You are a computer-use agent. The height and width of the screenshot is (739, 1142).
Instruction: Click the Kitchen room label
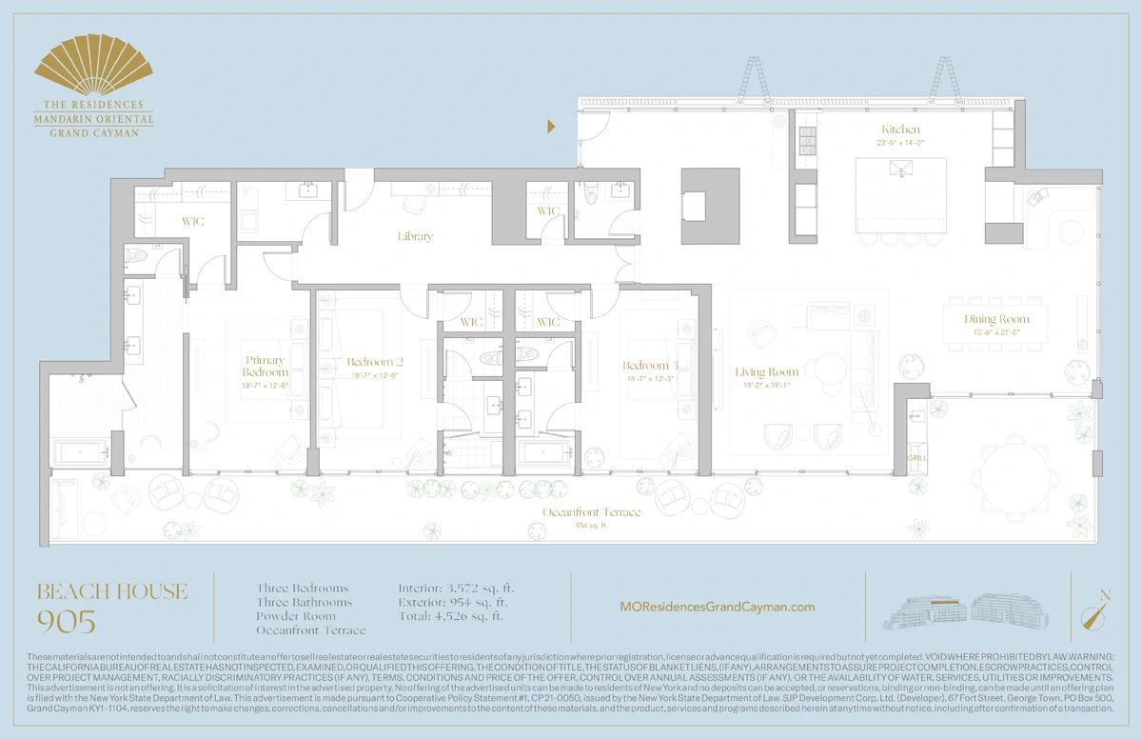click(900, 129)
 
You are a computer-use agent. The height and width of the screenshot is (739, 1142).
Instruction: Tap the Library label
click(415, 236)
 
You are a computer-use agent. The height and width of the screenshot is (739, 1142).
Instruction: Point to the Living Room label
click(766, 371)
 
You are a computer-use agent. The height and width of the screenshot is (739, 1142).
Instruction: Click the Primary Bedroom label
click(265, 366)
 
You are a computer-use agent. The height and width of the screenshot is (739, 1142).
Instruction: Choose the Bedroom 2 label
click(375, 363)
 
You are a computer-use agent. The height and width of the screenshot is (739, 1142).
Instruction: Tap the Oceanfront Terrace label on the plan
click(591, 512)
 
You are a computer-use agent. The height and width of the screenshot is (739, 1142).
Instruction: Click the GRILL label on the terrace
click(917, 458)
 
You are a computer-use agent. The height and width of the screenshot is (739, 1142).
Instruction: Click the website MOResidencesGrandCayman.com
click(717, 607)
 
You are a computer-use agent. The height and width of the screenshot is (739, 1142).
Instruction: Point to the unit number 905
click(66, 623)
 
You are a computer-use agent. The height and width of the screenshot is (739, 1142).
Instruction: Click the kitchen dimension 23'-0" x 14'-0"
click(900, 142)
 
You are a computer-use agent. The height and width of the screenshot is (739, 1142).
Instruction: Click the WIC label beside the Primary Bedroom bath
click(193, 222)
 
